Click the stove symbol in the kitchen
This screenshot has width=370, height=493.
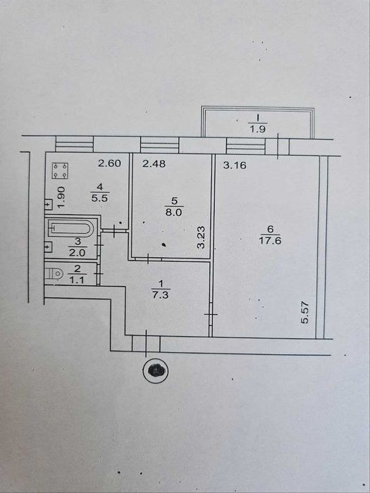coord(60,170)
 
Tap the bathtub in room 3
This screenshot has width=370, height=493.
coord(70,228)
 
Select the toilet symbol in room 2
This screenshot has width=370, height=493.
coord(53,273)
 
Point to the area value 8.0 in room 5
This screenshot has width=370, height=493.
coord(174,213)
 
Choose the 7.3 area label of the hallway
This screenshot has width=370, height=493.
coord(161,295)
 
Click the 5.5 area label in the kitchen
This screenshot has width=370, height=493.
coord(100,199)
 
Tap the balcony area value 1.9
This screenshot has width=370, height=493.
coord(258,129)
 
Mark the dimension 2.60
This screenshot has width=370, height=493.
coord(109,163)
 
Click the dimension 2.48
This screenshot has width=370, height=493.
coord(154,163)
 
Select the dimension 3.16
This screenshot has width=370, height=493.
coord(235,165)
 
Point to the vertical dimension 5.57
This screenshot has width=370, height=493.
coord(304,313)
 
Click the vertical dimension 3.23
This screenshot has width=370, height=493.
coord(201,237)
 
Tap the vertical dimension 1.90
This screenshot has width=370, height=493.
coord(62,197)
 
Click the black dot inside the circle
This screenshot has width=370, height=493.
coord(156,370)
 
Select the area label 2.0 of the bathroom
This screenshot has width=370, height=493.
coord(77,253)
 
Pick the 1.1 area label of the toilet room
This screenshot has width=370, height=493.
coord(77,280)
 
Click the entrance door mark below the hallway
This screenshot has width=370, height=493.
coord(147,344)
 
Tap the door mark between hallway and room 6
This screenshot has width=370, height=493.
coord(211,314)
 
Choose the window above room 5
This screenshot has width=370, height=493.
coord(159,145)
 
